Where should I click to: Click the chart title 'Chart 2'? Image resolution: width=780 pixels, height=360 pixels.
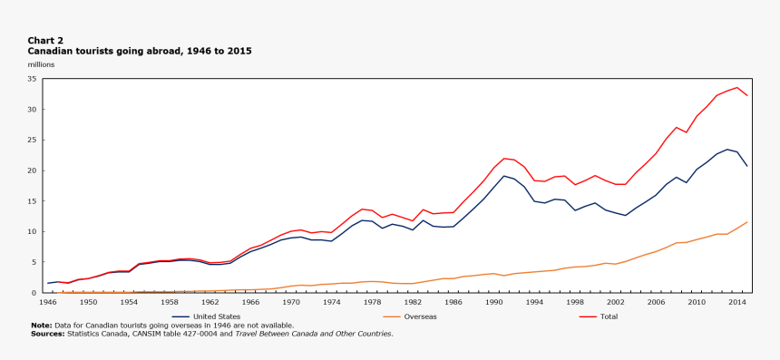(x=45, y=41)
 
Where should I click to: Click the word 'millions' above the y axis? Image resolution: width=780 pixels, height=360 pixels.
(x=42, y=64)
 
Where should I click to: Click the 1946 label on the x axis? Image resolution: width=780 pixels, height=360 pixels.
(x=47, y=301)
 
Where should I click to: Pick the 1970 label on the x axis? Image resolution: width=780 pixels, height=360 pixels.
(x=290, y=301)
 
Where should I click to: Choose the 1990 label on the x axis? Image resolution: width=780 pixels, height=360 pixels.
(x=493, y=301)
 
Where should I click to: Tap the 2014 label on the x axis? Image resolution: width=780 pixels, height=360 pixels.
(x=737, y=301)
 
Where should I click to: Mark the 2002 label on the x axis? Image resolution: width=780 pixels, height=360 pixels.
(x=615, y=301)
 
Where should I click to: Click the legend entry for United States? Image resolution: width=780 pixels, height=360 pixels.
(x=217, y=316)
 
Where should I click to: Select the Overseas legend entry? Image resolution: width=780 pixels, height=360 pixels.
(x=420, y=316)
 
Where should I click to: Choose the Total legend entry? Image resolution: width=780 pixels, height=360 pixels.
(x=609, y=316)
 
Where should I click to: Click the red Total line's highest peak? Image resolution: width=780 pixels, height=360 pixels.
(x=737, y=88)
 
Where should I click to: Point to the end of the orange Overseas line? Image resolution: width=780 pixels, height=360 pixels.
(x=747, y=222)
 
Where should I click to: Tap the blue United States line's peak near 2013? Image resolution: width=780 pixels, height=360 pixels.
(x=727, y=149)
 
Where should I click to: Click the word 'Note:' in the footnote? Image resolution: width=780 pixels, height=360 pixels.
(x=41, y=325)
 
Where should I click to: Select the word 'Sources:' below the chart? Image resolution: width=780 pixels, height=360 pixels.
(x=47, y=334)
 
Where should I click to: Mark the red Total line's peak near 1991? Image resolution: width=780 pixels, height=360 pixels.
(x=504, y=159)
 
